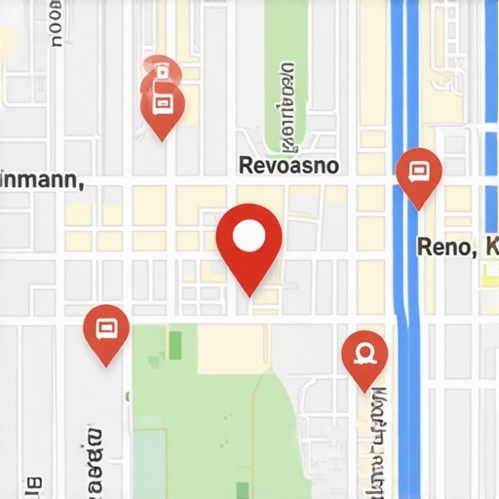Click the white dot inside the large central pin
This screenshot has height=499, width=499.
(249, 235)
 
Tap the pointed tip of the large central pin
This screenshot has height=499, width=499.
(249, 293)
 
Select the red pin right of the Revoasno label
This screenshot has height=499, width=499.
(419, 177)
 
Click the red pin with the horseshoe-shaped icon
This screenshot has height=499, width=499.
(365, 358)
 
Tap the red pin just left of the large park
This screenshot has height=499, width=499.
(106, 333)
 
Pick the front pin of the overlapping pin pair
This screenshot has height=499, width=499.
(163, 108)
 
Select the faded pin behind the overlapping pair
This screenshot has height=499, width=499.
(160, 72)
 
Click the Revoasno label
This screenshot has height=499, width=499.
(288, 166)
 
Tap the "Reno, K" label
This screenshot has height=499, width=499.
(447, 246)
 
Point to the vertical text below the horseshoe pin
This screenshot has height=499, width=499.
(375, 434)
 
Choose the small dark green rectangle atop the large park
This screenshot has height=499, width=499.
(175, 343)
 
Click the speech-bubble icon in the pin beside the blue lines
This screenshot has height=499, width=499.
(419, 172)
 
